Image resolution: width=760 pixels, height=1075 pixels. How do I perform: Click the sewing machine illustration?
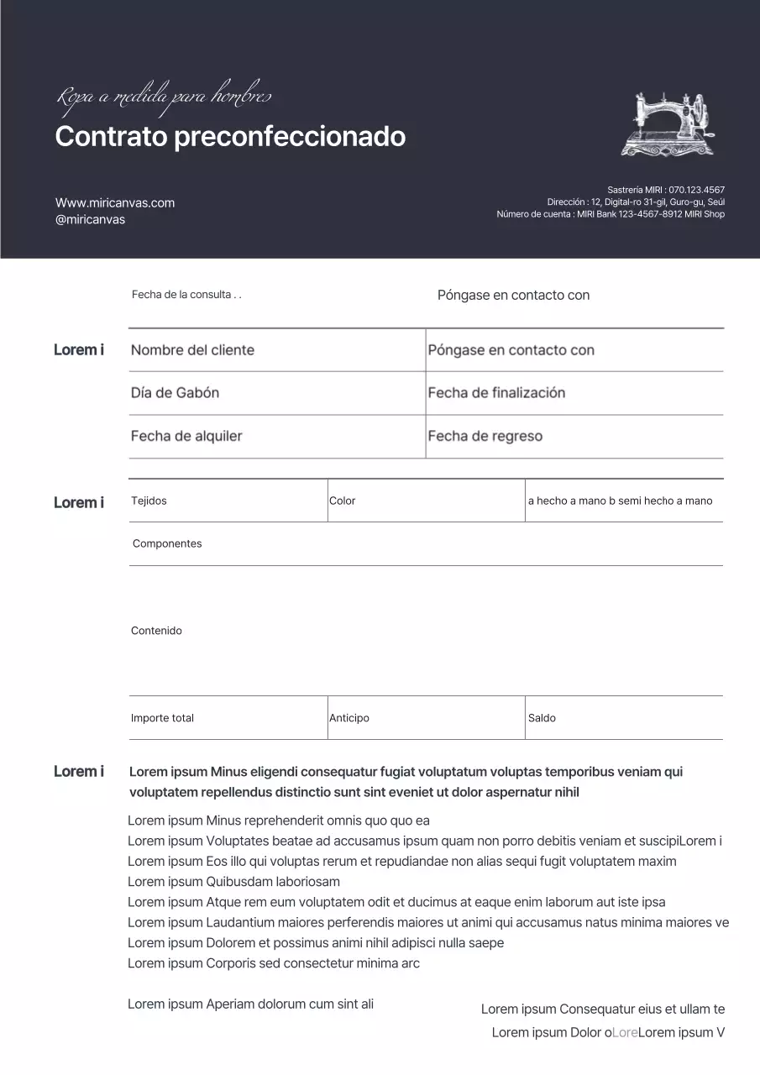[670, 124]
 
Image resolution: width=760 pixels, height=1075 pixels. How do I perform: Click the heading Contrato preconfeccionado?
[230, 136]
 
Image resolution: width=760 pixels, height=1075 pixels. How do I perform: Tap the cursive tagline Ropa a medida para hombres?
[164, 97]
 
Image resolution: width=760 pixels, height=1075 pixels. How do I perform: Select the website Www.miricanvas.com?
[115, 202]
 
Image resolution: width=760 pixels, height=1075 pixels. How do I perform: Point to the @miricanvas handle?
[90, 219]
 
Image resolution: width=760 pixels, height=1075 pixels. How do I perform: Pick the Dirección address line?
[636, 202]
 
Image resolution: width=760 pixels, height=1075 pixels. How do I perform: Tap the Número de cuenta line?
[611, 214]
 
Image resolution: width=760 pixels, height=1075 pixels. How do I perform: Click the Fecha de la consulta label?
[186, 295]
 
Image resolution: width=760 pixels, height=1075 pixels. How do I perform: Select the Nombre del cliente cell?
[192, 350]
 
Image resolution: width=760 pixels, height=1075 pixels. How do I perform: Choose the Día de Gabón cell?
[175, 393]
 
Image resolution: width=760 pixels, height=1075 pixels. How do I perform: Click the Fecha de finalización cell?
[496, 393]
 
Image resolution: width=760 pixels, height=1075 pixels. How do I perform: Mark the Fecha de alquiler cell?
[186, 437]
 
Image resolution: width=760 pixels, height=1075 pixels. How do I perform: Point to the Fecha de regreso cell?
[485, 437]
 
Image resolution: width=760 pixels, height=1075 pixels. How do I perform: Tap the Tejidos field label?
[149, 501]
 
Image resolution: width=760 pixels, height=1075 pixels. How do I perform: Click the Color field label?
[343, 501]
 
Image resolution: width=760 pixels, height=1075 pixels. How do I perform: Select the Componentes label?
[167, 543]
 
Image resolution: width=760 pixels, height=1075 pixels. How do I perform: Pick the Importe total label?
[162, 718]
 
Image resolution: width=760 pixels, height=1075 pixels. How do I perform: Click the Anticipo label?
[349, 718]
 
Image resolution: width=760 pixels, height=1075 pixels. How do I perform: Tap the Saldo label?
[542, 718]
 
